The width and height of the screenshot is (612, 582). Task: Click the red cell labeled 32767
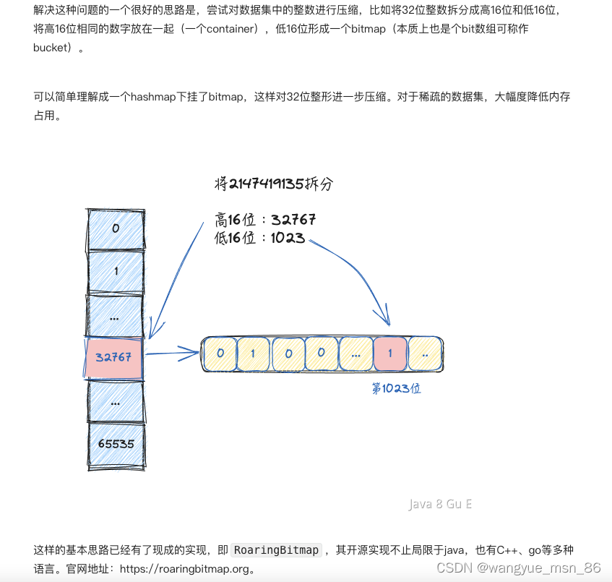[115, 357]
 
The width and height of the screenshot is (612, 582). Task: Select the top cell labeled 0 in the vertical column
[115, 228]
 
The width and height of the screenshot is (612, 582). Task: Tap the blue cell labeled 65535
[115, 444]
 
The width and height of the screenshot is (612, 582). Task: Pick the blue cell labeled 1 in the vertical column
[115, 271]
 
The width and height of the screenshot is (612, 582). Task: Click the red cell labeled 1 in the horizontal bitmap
[390, 354]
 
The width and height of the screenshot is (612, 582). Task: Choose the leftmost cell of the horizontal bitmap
[219, 354]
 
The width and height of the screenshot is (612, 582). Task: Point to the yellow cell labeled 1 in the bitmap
[253, 354]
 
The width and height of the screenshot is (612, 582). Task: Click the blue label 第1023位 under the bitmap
[396, 388]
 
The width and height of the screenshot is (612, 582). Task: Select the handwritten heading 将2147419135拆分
[274, 184]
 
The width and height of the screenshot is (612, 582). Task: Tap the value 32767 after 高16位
[293, 220]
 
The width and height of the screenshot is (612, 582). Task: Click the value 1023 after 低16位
[288, 239]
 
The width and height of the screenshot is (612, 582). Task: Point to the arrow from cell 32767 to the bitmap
[173, 354]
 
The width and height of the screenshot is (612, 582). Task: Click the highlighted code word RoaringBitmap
[277, 550]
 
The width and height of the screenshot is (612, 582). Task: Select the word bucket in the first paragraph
[53, 48]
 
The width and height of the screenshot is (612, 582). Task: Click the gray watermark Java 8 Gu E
[440, 504]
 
